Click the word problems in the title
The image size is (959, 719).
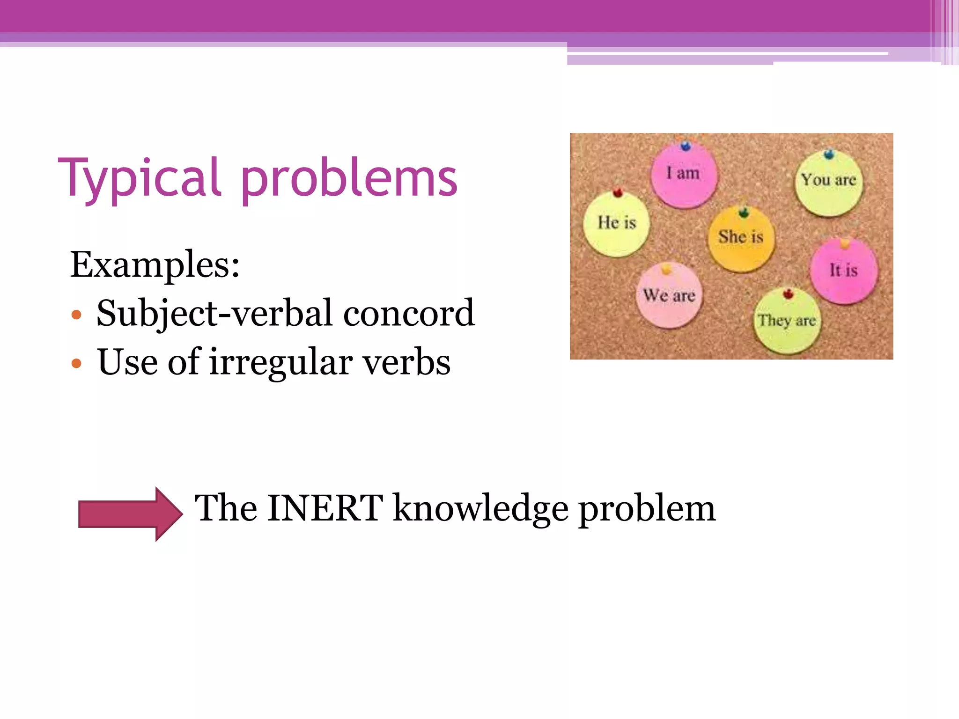click(348, 180)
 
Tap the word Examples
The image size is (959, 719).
click(155, 265)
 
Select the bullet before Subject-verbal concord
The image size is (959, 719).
click(77, 315)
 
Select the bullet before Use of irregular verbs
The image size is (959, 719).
click(77, 363)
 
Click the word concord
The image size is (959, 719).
click(409, 313)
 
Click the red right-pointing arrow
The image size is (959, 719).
click(130, 514)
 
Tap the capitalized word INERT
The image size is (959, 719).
click(325, 508)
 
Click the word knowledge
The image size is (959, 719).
click(480, 509)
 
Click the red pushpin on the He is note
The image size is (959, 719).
click(618, 192)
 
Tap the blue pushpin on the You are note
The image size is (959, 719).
click(829, 154)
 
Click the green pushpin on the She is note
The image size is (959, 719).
click(744, 213)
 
